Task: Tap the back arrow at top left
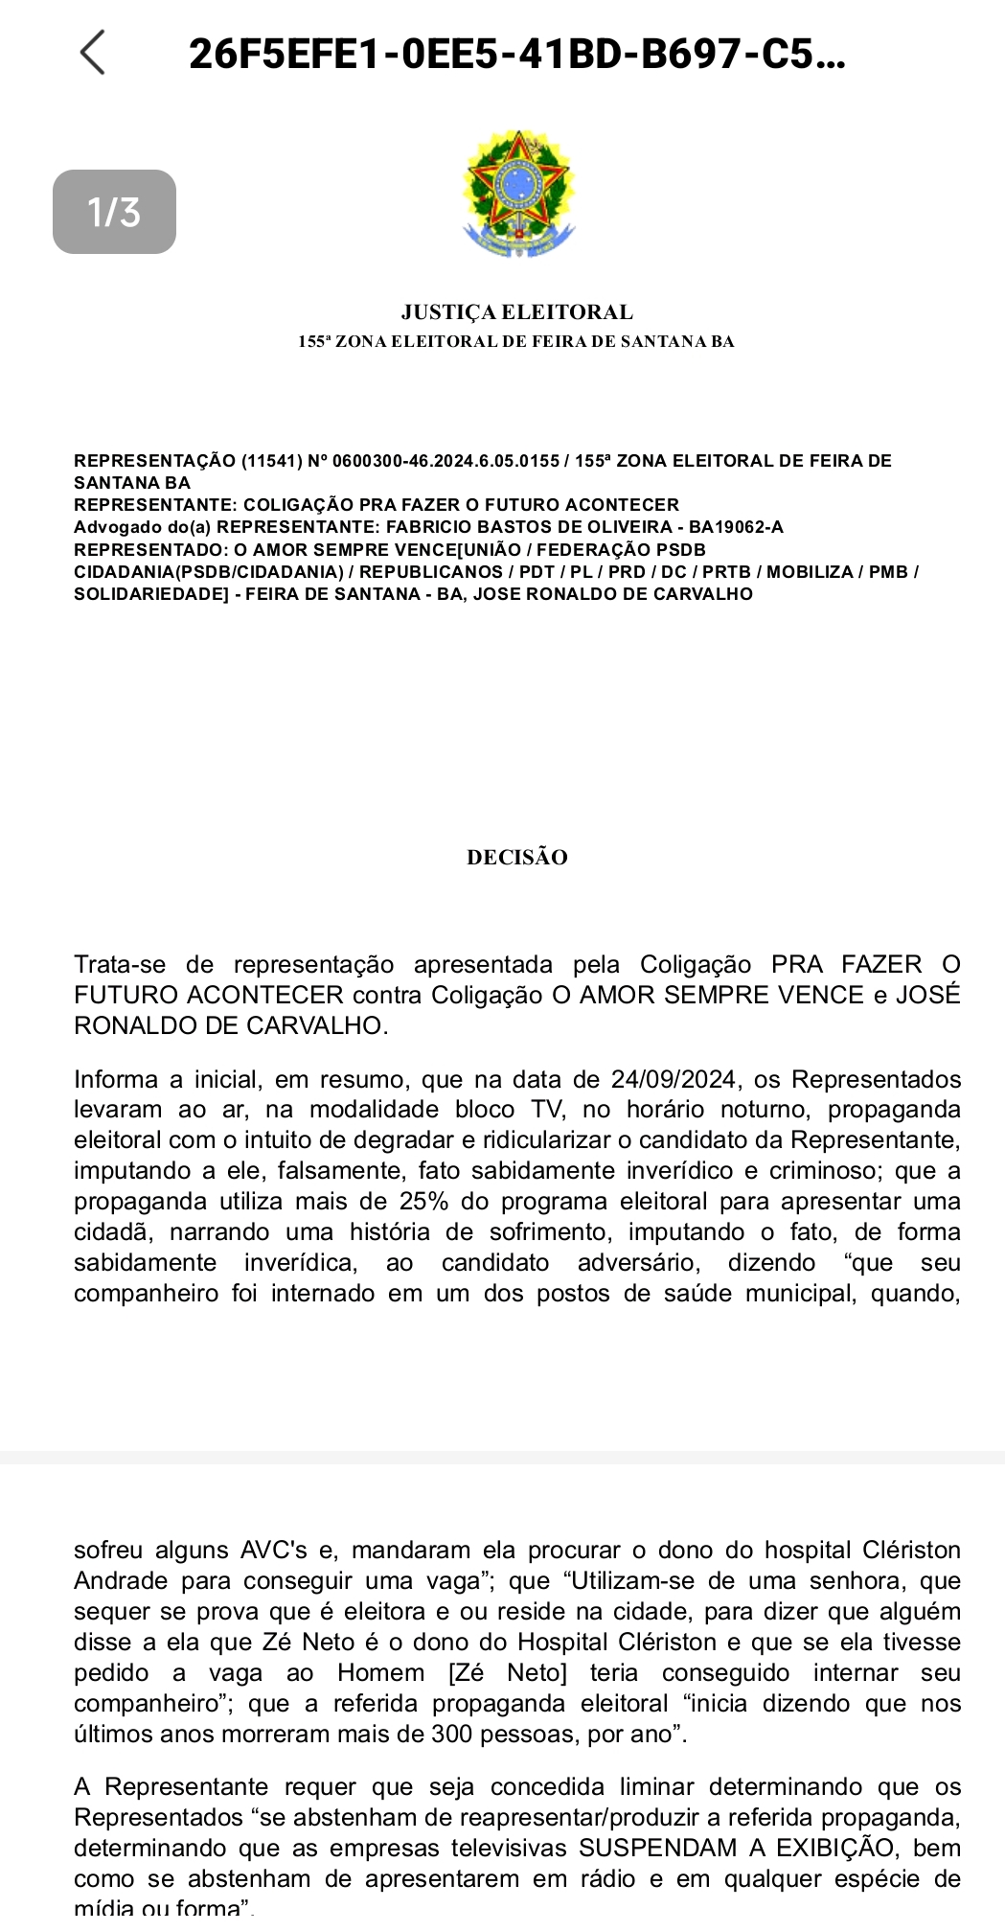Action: (93, 52)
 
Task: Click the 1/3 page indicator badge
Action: (114, 212)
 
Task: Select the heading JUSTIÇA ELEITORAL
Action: (516, 312)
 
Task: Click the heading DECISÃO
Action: (516, 858)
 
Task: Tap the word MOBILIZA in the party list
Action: (810, 572)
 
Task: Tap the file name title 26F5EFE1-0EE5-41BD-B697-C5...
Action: (516, 54)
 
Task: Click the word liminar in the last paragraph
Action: (655, 1786)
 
